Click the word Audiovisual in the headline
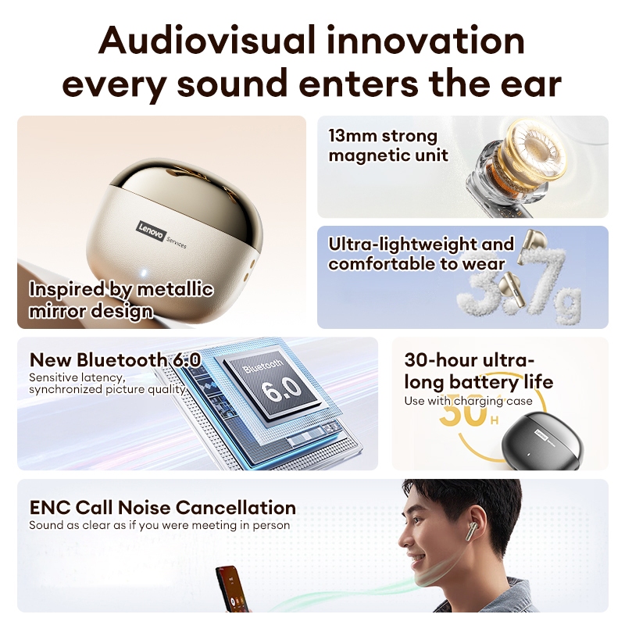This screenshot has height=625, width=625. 207,41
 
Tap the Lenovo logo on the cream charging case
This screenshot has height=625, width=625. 151,231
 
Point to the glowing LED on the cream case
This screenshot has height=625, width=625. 144,273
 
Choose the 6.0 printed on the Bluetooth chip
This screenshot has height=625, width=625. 282,389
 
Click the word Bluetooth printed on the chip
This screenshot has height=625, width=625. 263,366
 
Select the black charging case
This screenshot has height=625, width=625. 542,441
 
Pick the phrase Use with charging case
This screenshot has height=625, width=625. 468,401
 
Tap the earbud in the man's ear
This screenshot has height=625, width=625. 472,530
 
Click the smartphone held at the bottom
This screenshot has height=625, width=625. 233,589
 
